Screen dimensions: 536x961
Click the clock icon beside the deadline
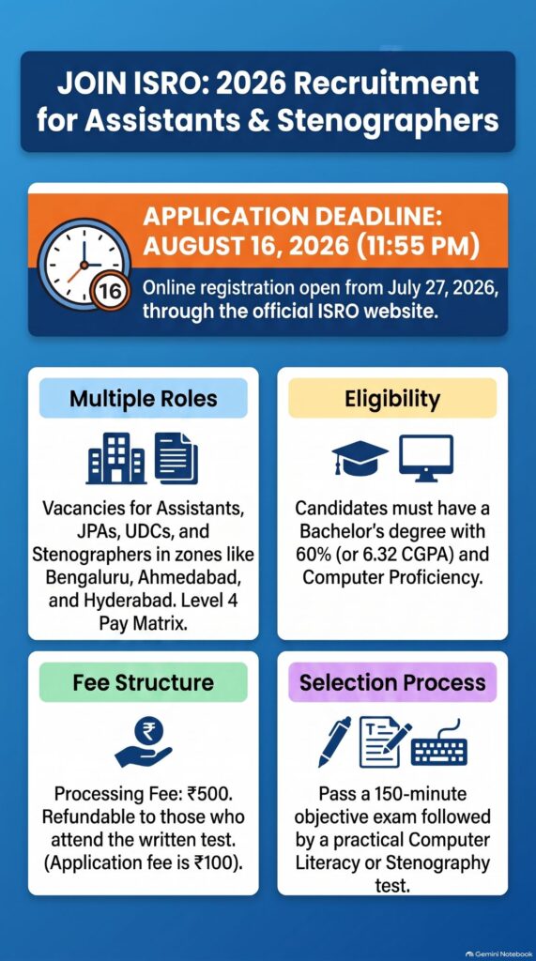click(83, 264)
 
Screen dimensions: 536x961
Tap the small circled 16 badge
click(110, 291)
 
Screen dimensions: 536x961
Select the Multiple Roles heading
click(144, 398)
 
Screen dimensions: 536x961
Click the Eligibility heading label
click(392, 398)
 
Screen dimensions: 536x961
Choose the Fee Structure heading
click(144, 682)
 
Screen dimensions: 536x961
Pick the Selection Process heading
click(392, 682)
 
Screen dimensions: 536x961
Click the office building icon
click(116, 458)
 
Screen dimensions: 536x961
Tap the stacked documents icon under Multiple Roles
click(176, 458)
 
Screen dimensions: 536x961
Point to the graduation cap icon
click(360, 458)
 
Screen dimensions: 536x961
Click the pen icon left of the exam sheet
click(335, 741)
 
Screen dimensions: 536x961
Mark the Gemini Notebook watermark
click(499, 953)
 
